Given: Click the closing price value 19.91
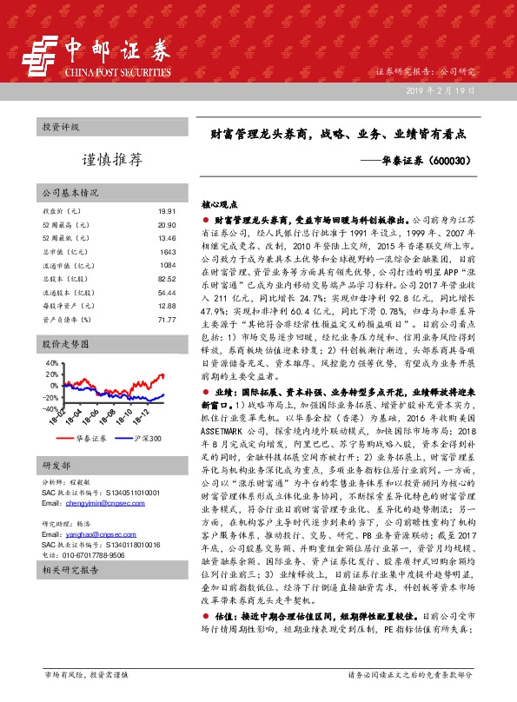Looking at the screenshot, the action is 167,211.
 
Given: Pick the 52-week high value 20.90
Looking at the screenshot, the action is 167,224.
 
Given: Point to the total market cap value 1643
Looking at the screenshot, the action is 168,251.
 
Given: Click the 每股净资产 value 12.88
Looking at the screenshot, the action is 167,306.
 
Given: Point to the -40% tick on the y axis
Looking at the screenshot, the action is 50,408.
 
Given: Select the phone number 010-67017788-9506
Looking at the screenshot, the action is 92,553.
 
